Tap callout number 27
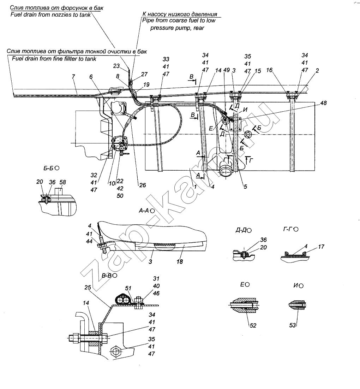pyautogui.click(x=144, y=74)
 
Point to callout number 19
pyautogui.click(x=146, y=84)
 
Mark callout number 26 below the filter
pyautogui.click(x=143, y=185)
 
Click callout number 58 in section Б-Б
pyautogui.click(x=63, y=182)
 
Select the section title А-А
pyautogui.click(x=144, y=211)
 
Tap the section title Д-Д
pyautogui.click(x=241, y=230)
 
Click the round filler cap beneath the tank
pyautogui.click(x=226, y=172)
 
